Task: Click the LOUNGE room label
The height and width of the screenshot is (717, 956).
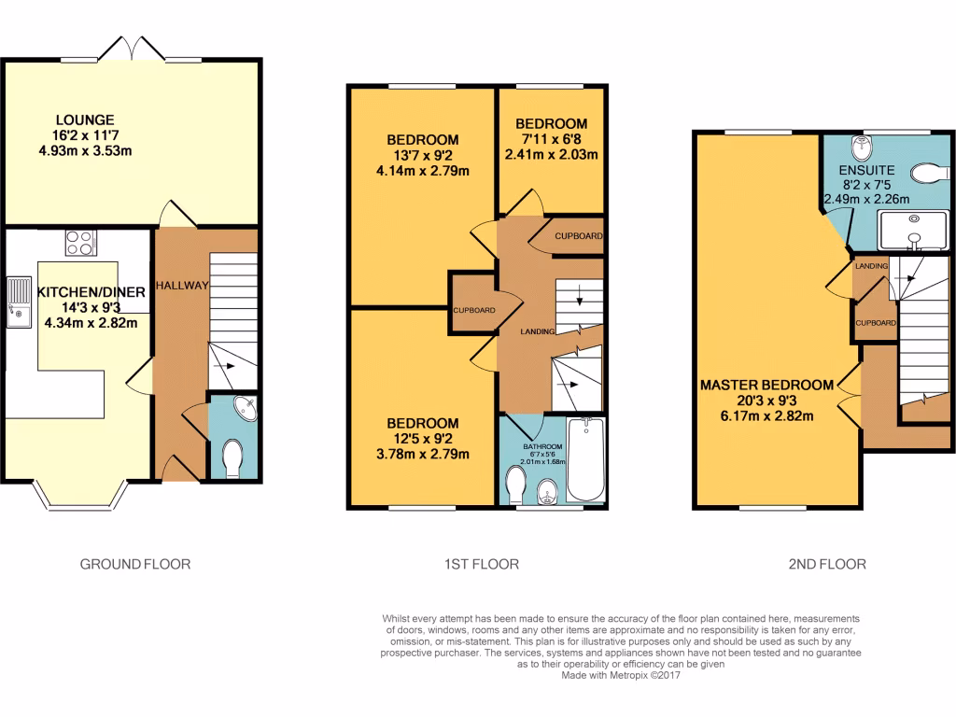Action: click(85, 119)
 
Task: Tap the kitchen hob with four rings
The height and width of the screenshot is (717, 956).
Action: click(81, 243)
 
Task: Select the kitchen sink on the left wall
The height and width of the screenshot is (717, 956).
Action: click(18, 302)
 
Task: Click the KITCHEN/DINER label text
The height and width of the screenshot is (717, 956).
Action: click(91, 292)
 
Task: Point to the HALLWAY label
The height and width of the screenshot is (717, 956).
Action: click(182, 285)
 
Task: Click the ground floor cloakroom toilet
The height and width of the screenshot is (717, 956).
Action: click(232, 457)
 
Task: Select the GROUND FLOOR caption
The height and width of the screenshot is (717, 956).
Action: click(135, 564)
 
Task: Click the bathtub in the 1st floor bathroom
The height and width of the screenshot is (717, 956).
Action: click(587, 461)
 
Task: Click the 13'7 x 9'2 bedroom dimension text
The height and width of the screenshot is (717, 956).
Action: click(423, 156)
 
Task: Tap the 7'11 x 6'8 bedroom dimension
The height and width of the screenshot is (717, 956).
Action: click(551, 140)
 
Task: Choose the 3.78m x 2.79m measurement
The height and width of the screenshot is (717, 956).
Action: click(423, 455)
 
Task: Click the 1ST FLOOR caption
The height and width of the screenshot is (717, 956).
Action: click(481, 564)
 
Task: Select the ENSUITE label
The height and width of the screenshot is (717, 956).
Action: click(865, 171)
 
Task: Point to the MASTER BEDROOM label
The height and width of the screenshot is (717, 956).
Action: click(766, 385)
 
